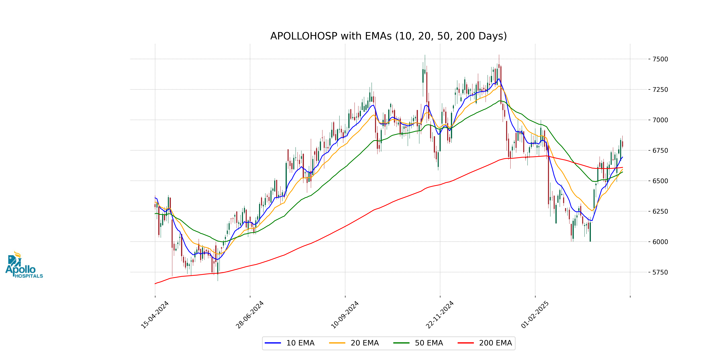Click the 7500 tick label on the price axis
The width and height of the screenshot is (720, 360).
660,59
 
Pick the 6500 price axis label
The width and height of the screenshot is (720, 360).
660,181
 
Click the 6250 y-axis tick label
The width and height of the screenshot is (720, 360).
660,211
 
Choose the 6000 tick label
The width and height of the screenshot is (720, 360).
660,242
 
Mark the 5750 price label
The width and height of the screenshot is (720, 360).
660,272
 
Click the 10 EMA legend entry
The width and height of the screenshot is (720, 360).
289,343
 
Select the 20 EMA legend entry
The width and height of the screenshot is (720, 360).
354,343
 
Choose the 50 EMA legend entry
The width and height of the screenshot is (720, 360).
418,343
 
